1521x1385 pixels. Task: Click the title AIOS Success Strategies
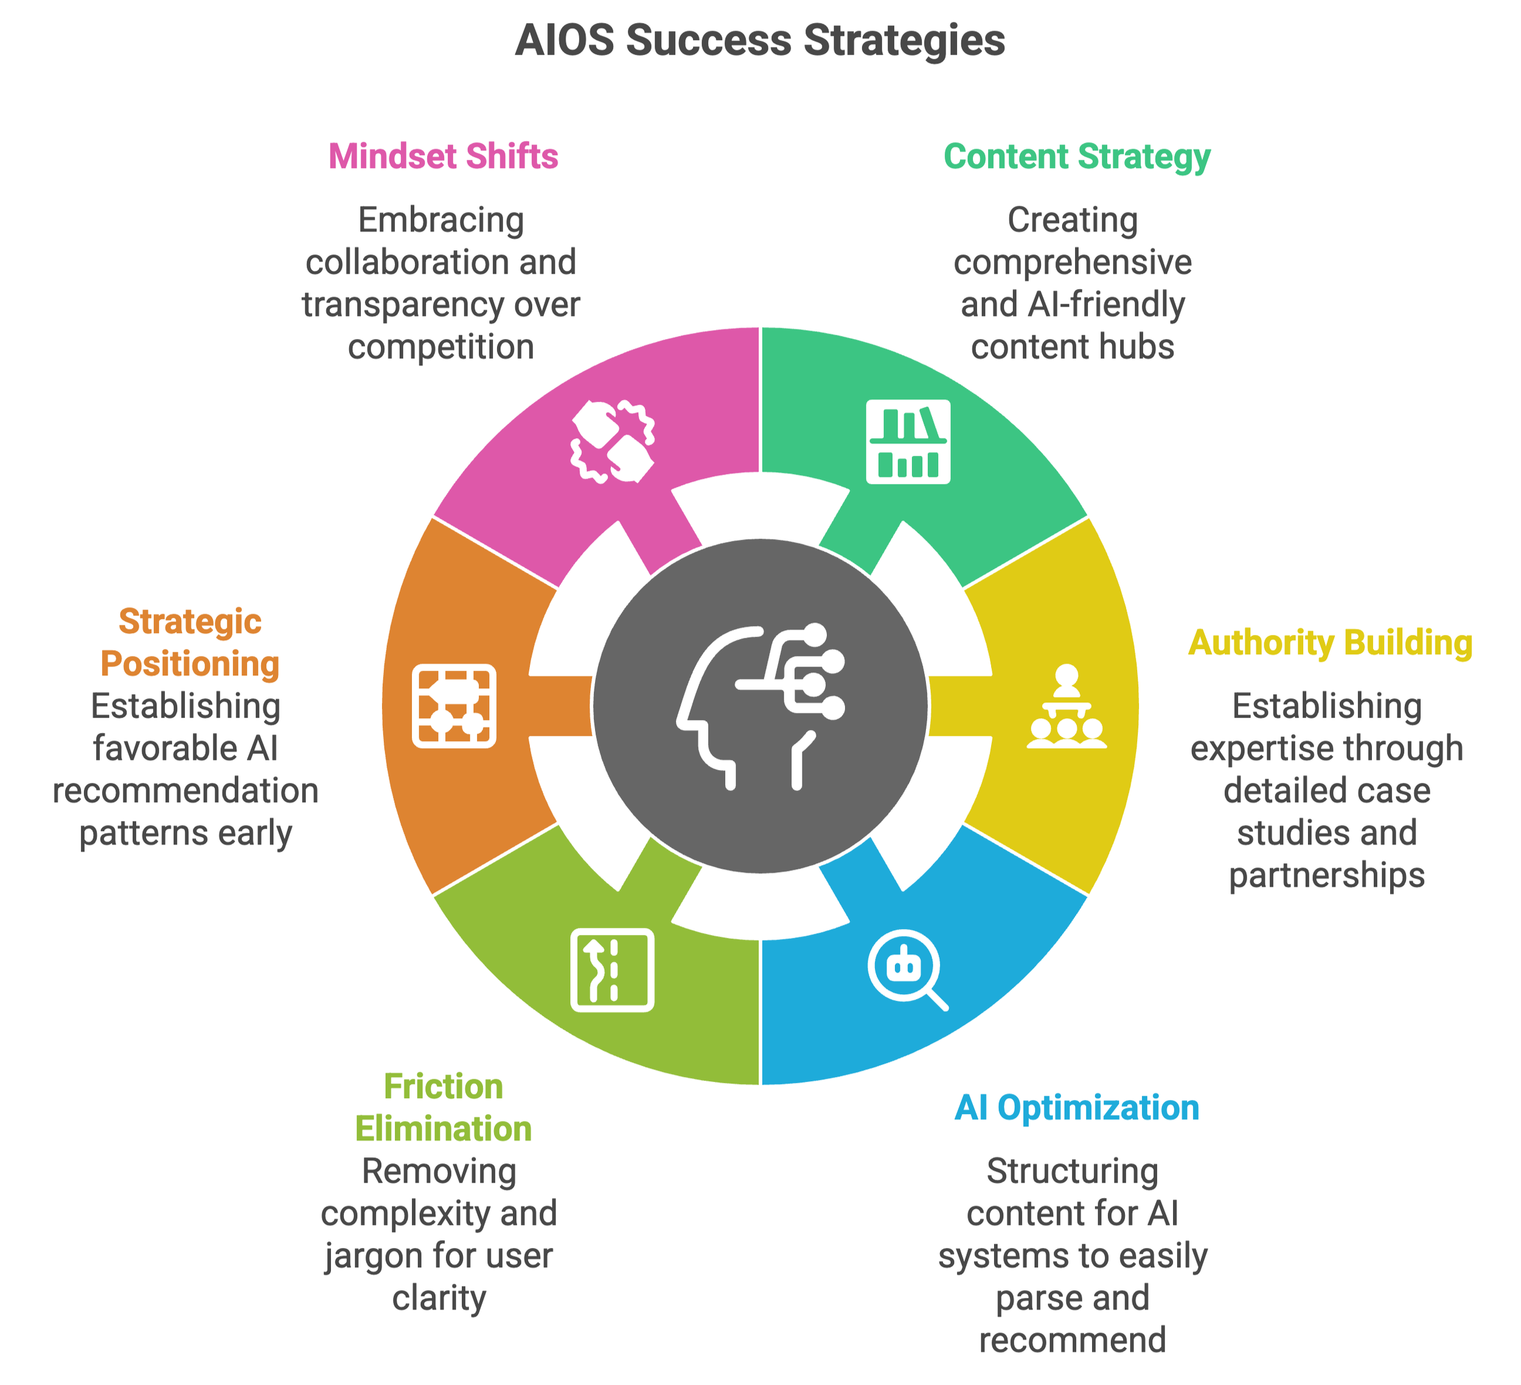(760, 41)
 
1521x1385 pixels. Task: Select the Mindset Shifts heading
(443, 157)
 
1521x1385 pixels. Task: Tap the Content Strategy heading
(1077, 157)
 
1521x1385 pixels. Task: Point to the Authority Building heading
(1330, 643)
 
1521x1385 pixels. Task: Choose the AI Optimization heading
(1077, 1108)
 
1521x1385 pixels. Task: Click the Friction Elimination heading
(443, 1108)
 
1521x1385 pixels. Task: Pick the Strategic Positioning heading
(189, 643)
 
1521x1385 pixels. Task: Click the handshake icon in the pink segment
(611, 443)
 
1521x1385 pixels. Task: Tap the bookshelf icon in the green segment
(908, 441)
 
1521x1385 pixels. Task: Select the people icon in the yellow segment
(1066, 707)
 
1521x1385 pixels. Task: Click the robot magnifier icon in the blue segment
(906, 970)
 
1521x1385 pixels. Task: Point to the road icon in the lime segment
(612, 970)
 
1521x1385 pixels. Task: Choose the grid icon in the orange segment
(454, 706)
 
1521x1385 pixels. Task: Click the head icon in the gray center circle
(760, 706)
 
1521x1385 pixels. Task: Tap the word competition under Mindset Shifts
(440, 347)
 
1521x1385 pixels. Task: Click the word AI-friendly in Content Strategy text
(1110, 305)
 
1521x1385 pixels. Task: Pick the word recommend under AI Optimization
(1072, 1341)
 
